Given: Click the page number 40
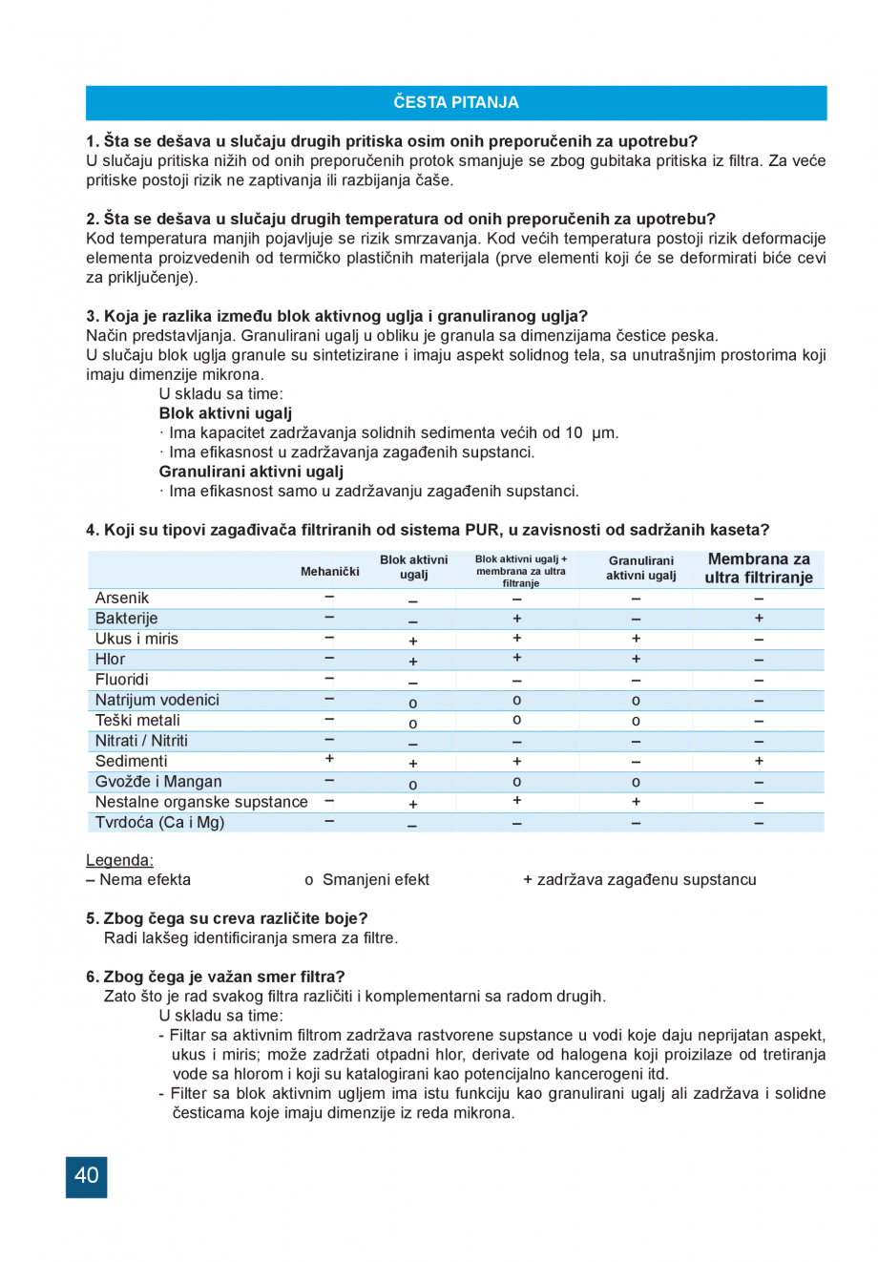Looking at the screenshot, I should pyautogui.click(x=86, y=1176).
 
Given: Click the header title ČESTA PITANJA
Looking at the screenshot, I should pyautogui.click(x=455, y=102).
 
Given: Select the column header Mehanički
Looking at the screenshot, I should pyautogui.click(x=329, y=571).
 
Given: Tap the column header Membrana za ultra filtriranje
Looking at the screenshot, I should pyautogui.click(x=759, y=568).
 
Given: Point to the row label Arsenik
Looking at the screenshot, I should pyautogui.click(x=122, y=599).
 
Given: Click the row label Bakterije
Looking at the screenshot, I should pyautogui.click(x=126, y=619).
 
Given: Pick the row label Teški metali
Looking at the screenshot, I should pyautogui.click(x=137, y=721).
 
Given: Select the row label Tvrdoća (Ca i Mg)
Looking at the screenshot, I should pyautogui.click(x=159, y=823).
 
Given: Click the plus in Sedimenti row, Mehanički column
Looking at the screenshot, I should pyautogui.click(x=329, y=759).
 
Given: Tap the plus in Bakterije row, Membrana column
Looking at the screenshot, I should pyautogui.click(x=759, y=619).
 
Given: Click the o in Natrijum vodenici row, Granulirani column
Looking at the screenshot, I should pyautogui.click(x=636, y=701).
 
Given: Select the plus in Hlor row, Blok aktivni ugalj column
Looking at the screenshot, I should pyautogui.click(x=413, y=662).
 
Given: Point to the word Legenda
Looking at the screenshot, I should pyautogui.click(x=119, y=860).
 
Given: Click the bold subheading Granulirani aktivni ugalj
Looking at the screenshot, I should pyautogui.click(x=251, y=472).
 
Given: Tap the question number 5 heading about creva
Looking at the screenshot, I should pyautogui.click(x=226, y=918).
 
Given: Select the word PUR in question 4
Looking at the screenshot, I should pyautogui.click(x=482, y=530).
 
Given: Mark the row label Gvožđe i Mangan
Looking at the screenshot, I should pyautogui.click(x=158, y=782).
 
